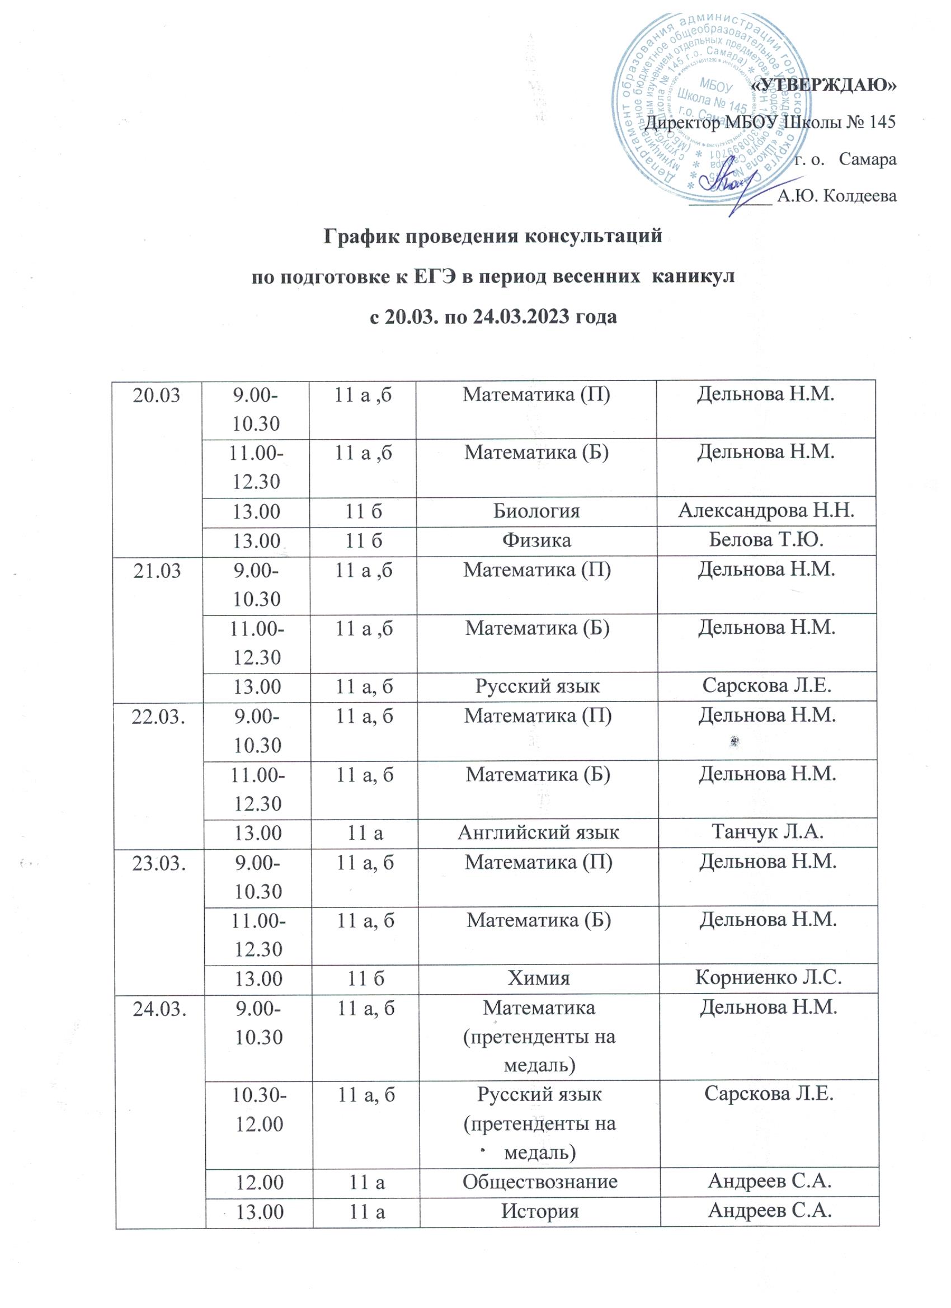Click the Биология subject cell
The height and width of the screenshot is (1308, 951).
(536, 511)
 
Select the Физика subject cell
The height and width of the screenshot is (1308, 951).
(536, 540)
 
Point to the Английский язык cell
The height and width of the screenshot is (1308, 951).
(538, 832)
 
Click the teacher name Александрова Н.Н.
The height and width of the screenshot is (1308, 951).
(766, 510)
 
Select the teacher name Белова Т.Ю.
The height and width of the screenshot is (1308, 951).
(766, 540)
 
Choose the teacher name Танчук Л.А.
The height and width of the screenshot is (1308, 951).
(767, 832)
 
